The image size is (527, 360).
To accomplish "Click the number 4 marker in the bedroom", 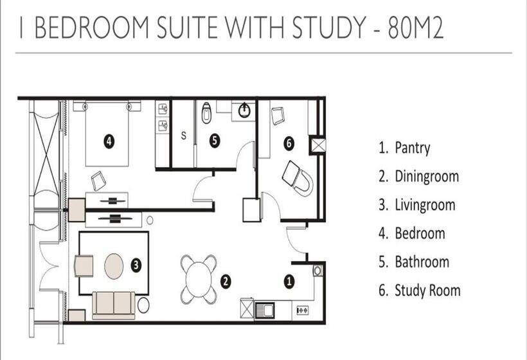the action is pos(109,141).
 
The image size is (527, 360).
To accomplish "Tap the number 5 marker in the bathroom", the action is pos(215,140).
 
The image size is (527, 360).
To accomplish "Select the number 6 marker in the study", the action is pos(289,143).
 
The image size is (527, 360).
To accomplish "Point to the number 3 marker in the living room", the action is pos(136,265).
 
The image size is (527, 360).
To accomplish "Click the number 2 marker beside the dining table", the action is pos(226,282).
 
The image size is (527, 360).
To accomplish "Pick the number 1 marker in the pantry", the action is pos(289,281).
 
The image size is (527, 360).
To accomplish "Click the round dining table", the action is pos(199,279).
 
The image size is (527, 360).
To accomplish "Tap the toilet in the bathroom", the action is pos(206,113).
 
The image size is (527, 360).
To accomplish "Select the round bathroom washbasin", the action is pos(244,111).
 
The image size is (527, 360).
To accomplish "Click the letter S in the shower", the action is pos(184,136).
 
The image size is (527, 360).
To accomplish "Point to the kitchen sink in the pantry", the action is pos(265,310).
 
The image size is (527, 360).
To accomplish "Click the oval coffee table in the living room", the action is pos(114,266).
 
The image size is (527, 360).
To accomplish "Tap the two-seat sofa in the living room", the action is pos(114,305).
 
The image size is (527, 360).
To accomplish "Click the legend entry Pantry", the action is pos(404,148).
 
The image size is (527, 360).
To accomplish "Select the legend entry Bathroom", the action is pos(414,262).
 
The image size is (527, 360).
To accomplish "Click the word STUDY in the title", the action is pos(328,27).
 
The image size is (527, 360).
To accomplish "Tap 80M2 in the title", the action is pos(416,27).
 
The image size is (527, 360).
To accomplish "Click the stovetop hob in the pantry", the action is pos(303,310).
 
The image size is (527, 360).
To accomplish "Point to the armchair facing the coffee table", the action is pos(84,266).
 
